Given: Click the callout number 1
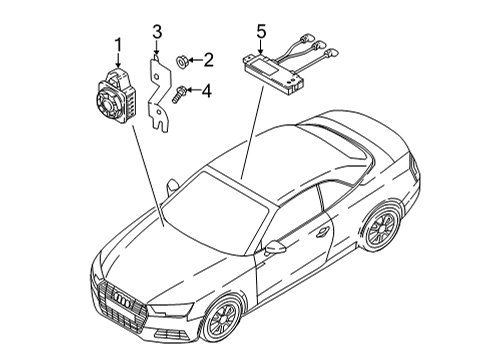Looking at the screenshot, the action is [x=118, y=46].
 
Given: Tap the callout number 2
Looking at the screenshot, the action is [x=208, y=60].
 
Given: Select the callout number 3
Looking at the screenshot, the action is [x=157, y=32].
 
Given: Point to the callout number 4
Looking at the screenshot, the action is [x=207, y=91].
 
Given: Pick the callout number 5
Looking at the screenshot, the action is [x=261, y=32].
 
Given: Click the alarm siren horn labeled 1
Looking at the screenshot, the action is [x=115, y=97].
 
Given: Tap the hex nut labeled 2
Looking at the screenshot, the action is [x=181, y=62].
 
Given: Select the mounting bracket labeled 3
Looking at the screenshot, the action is [x=159, y=94].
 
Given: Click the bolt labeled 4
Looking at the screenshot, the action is [x=177, y=94].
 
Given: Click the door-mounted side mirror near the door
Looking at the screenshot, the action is [x=275, y=247].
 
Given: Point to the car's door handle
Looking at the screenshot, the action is [x=323, y=232].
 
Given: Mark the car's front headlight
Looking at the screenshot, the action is [x=170, y=309].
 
